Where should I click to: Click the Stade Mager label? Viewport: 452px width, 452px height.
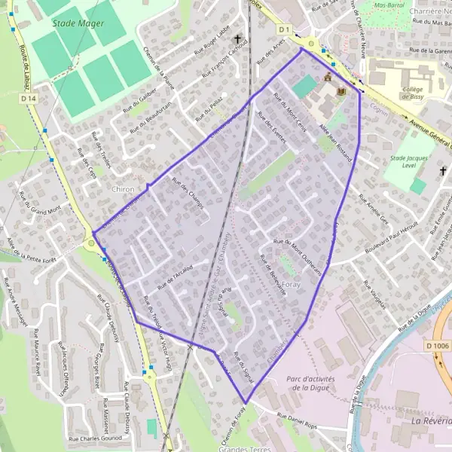click(78, 23)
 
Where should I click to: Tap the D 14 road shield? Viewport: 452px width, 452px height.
click(29, 99)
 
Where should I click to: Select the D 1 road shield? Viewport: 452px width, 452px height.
click(283, 29)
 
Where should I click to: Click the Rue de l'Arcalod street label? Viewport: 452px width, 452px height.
click(176, 277)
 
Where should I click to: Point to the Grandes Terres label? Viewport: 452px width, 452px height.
click(243, 448)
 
